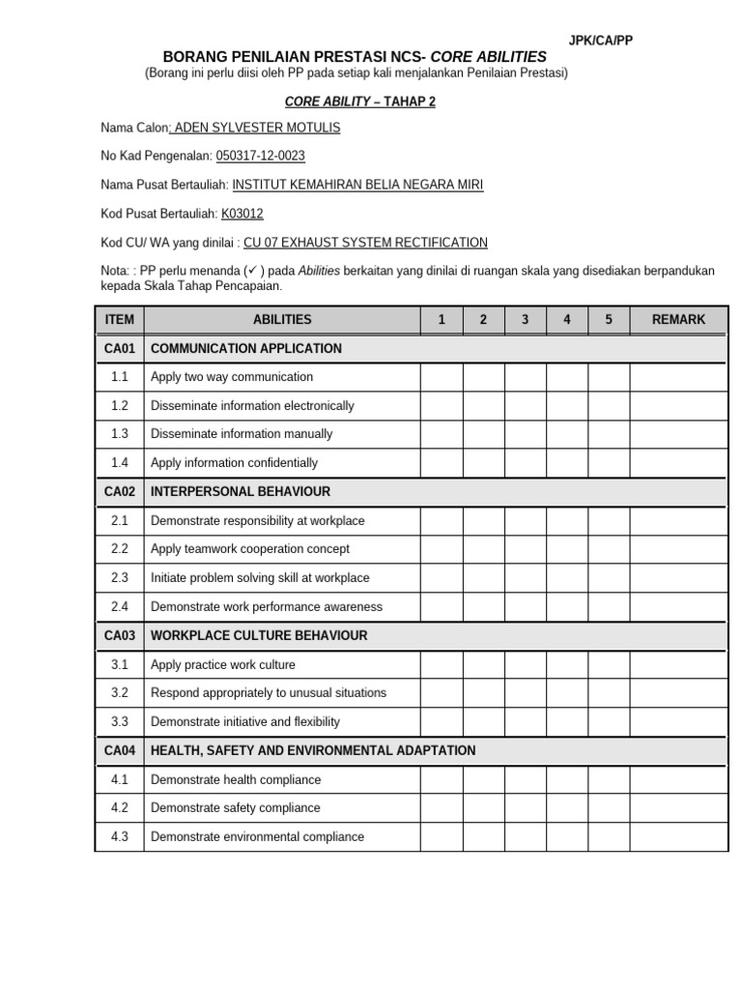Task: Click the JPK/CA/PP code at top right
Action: point(601,40)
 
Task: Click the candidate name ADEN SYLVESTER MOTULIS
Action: point(256,128)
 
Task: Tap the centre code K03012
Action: point(243,214)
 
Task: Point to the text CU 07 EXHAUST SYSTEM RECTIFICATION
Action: point(365,243)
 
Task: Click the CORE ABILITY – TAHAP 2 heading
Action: point(359,102)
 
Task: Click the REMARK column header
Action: point(678,319)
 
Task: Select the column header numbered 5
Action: point(609,319)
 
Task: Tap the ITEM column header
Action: point(120,319)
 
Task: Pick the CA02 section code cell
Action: point(120,491)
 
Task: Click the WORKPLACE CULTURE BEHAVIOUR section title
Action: point(259,635)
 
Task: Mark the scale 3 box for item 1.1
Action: point(526,377)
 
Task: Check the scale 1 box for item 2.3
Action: point(442,578)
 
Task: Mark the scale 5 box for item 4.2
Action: point(609,808)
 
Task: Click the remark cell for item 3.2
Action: point(678,693)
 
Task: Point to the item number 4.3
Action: point(120,837)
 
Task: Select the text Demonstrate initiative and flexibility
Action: point(245,722)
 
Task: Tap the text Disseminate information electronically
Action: point(252,406)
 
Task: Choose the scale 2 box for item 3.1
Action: point(483,665)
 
